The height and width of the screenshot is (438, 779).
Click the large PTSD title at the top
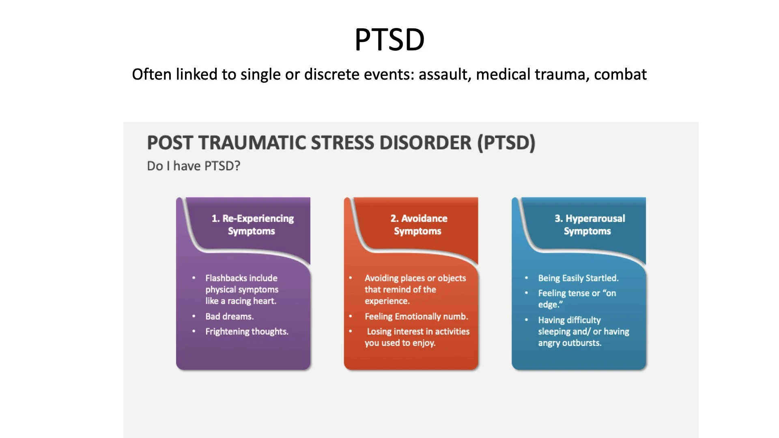389,39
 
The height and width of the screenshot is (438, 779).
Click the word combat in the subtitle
620,75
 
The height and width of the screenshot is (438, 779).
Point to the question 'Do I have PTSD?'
194,166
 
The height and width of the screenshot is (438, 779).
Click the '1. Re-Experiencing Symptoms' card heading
252,225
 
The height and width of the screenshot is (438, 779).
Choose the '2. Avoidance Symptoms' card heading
418,225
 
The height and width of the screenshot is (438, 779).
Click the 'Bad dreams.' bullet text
229,316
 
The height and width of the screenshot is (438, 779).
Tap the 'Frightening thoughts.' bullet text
247,331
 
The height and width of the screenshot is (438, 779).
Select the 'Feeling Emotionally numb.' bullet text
416,316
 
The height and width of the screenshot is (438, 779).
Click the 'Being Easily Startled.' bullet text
578,278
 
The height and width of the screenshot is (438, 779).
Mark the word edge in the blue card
548,305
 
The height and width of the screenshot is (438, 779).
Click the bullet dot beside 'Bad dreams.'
194,316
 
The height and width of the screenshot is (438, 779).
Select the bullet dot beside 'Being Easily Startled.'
527,278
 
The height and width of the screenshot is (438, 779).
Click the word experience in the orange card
387,301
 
